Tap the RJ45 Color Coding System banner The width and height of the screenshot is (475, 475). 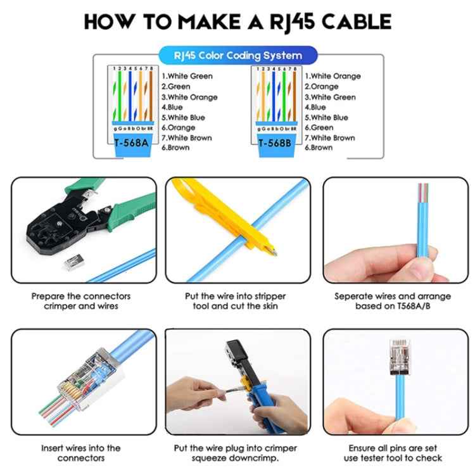(x=237, y=56)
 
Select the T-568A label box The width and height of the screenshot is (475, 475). (x=132, y=142)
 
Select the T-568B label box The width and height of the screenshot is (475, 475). (x=275, y=142)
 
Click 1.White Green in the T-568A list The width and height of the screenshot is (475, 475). (x=187, y=76)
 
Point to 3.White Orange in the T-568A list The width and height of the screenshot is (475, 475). (x=189, y=97)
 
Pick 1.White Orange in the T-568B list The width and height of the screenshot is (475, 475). (x=332, y=76)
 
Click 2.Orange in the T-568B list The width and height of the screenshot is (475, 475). (x=324, y=87)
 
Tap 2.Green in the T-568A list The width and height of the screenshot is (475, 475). (x=176, y=87)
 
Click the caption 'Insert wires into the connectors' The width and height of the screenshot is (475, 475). (x=80, y=453)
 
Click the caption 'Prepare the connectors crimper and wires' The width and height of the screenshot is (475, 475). (x=80, y=301)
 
